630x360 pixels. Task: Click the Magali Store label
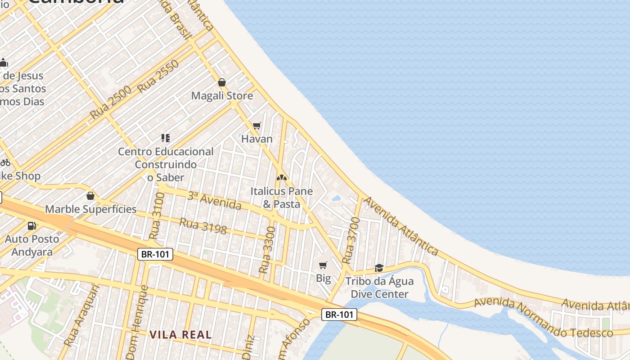[222, 96]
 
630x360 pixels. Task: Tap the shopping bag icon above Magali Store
[221, 82]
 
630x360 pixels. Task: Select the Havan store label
[257, 139]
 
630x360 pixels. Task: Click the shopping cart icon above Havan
[256, 126]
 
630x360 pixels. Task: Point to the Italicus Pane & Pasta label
[282, 198]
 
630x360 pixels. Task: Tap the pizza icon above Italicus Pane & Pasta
[282, 178]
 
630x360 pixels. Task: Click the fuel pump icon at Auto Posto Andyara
[31, 226]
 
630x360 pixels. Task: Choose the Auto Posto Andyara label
[32, 245]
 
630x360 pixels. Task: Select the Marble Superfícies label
[90, 209]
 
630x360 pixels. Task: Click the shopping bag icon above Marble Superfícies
[90, 196]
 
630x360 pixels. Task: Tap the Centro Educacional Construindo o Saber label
[166, 165]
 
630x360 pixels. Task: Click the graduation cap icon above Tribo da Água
[379, 268]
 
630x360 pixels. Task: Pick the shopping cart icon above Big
[323, 265]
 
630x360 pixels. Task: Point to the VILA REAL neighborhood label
[180, 334]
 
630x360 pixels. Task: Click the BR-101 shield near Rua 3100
[155, 254]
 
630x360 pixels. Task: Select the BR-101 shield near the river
[339, 315]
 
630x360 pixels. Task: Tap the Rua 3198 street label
[203, 226]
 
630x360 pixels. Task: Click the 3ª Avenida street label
[214, 201]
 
